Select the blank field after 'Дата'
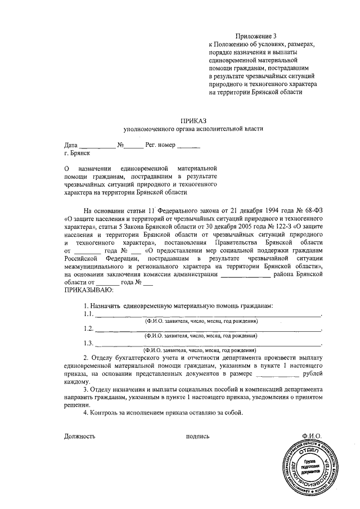(97, 146)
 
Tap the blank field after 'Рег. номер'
(188, 146)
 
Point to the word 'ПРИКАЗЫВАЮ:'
(88, 290)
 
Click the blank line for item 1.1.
(208, 315)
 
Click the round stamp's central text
(310, 469)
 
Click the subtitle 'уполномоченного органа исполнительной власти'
(193, 129)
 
